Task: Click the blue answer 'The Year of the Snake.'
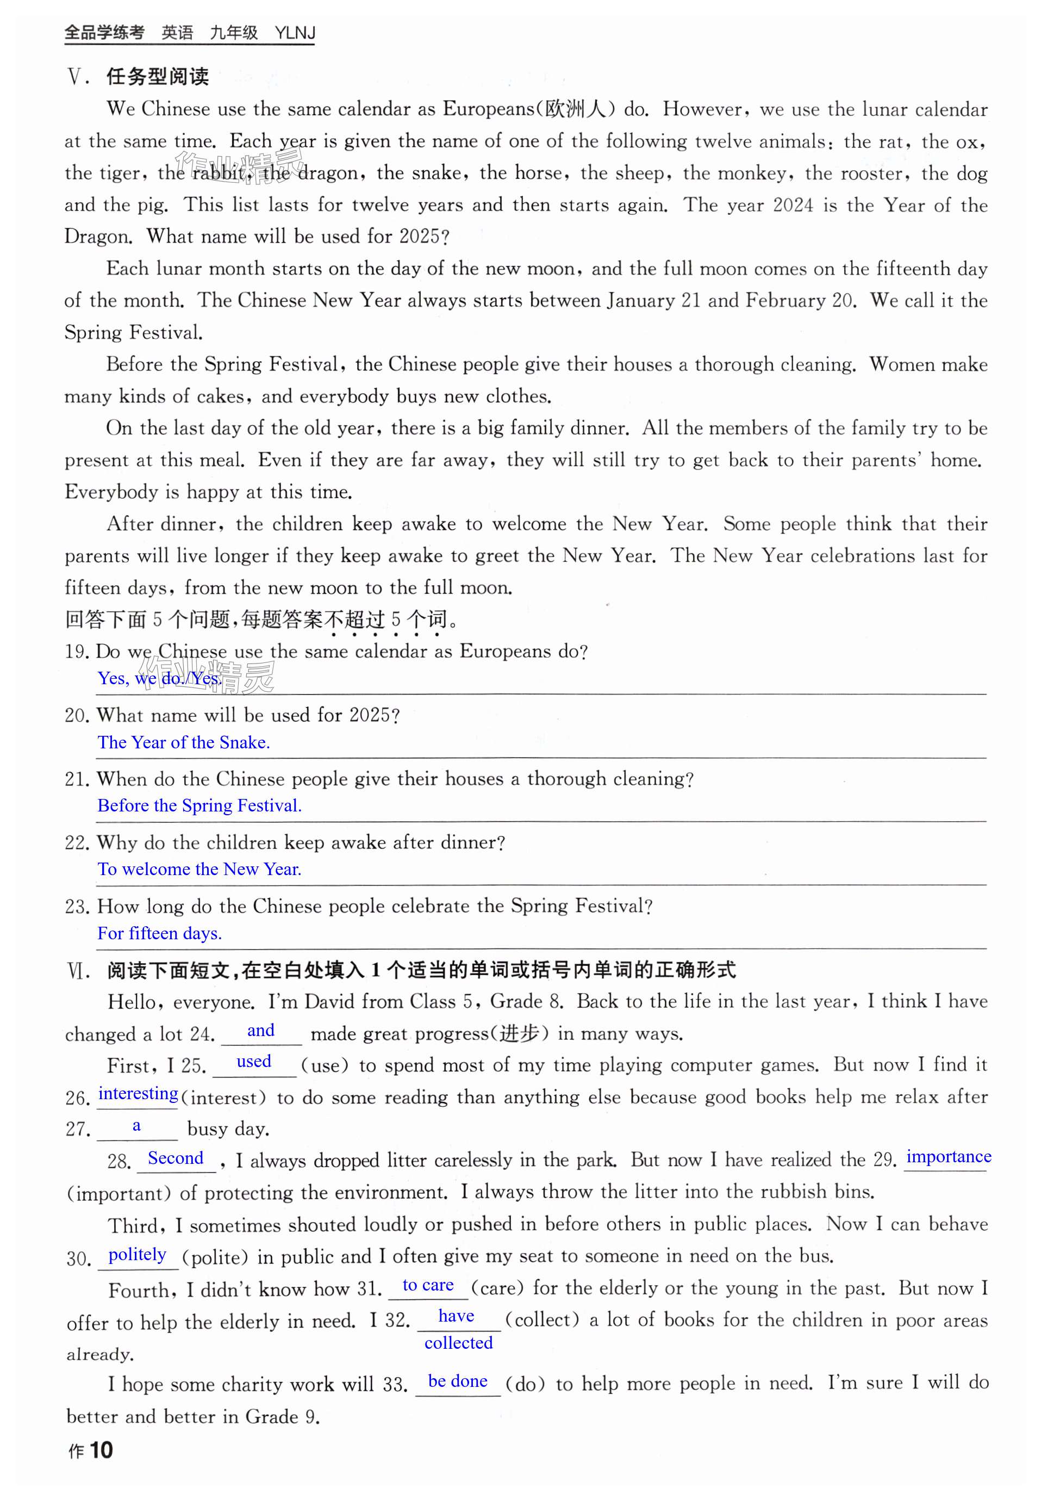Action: click(x=183, y=742)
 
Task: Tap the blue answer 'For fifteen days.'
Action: click(x=159, y=933)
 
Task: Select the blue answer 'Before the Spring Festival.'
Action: click(x=199, y=806)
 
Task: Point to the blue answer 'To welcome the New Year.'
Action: click(x=199, y=869)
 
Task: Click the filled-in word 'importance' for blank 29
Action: click(x=949, y=1157)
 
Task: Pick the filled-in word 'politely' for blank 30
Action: click(x=137, y=1255)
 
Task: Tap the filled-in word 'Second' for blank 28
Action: click(x=176, y=1158)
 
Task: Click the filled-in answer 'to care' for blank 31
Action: click(x=428, y=1285)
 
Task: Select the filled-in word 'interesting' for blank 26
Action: click(x=138, y=1094)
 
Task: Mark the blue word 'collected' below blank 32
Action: click(x=459, y=1343)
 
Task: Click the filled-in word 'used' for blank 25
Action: click(x=254, y=1062)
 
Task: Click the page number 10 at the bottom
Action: click(x=101, y=1451)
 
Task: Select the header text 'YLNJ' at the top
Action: click(x=295, y=33)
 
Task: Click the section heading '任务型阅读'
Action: click(x=157, y=77)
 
